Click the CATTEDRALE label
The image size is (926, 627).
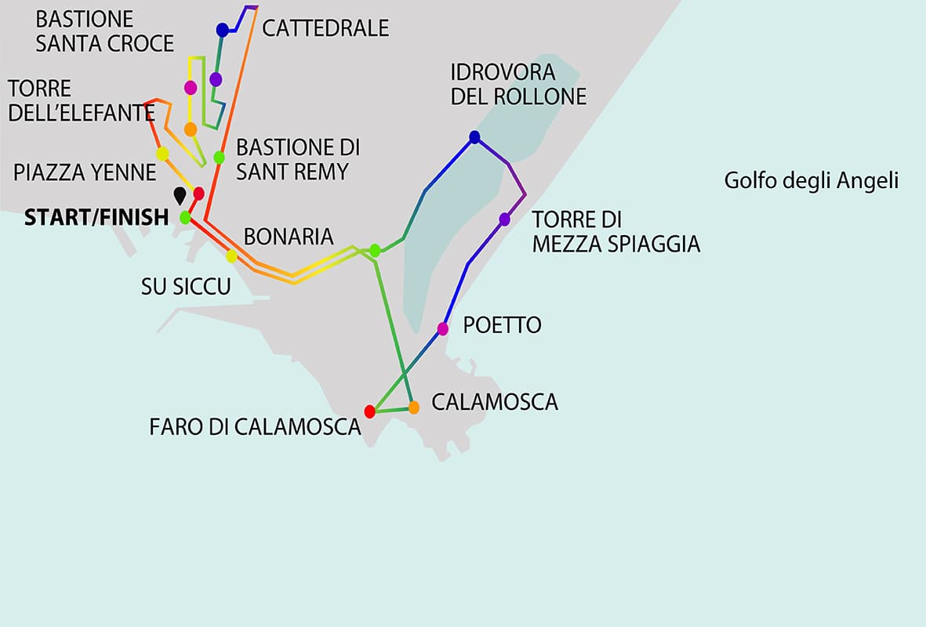click(325, 28)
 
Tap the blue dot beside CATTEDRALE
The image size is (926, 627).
click(222, 30)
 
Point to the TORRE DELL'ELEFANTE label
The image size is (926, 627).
click(80, 100)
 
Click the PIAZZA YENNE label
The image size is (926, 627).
click(85, 172)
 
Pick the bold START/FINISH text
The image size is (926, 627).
click(96, 217)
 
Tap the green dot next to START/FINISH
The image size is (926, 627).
click(185, 217)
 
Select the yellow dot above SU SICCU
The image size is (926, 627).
click(231, 256)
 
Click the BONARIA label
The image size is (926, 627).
click(289, 236)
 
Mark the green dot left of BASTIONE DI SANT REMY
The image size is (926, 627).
click(220, 157)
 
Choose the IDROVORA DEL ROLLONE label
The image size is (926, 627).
click(518, 85)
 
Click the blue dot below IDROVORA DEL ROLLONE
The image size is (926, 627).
click(474, 137)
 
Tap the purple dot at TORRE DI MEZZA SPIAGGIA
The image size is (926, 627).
click(505, 219)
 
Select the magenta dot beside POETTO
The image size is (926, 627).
click(443, 329)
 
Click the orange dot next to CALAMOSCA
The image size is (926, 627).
click(414, 407)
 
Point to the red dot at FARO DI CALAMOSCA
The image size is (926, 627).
click(370, 411)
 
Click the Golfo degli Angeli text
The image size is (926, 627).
click(811, 182)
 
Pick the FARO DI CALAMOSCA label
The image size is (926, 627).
click(255, 427)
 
